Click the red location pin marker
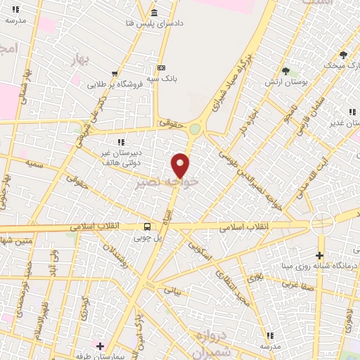pos(181,165)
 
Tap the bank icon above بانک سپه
pos(162,67)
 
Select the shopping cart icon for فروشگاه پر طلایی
pos(115,73)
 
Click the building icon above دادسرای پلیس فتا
pos(154,13)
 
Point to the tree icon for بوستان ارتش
pos(285,71)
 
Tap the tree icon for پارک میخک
pos(343,54)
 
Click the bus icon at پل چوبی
pos(148,226)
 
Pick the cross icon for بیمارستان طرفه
pos(100,346)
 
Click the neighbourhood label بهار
pos(82,62)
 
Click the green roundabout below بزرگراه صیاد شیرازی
pos(194,129)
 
